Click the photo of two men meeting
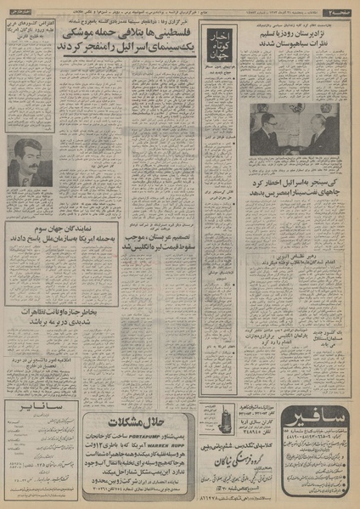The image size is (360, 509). click(x=294, y=129)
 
